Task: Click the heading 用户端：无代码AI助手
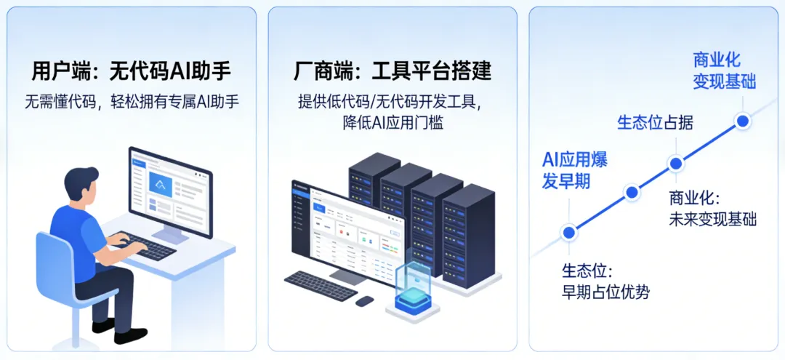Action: [x=131, y=71]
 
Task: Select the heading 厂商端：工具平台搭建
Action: [x=392, y=71]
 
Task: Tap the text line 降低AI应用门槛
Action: [x=392, y=123]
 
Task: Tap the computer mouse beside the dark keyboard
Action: [x=364, y=300]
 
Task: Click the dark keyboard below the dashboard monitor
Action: [x=320, y=286]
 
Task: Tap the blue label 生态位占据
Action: [x=655, y=123]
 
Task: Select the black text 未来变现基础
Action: [x=712, y=219]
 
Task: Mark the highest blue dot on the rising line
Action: [x=742, y=121]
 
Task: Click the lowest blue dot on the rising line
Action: [x=569, y=232]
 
